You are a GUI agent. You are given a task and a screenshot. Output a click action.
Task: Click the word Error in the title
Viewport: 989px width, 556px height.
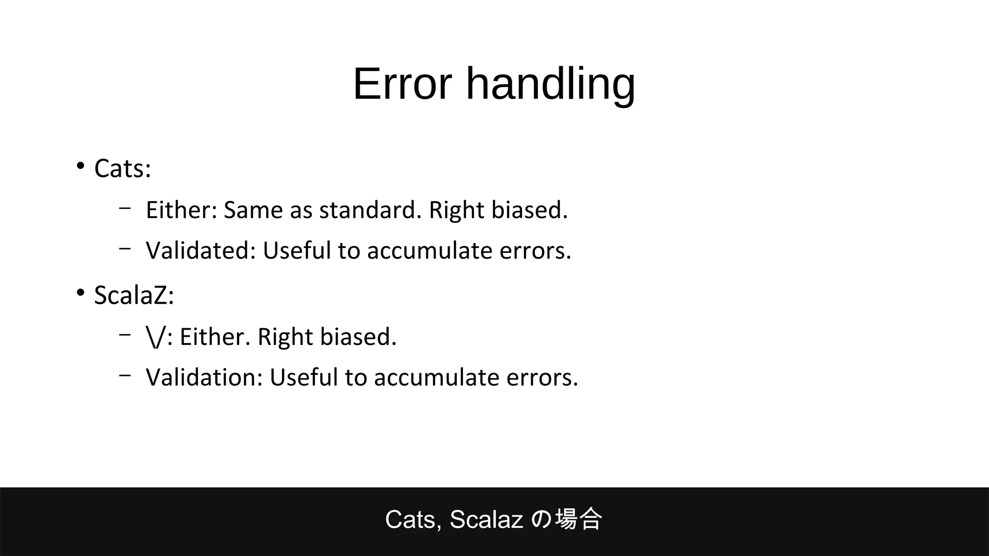[402, 84]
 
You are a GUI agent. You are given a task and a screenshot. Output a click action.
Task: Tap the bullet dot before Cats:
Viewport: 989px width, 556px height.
[80, 167]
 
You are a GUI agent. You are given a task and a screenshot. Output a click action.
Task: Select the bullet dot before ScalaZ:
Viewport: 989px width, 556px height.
[80, 293]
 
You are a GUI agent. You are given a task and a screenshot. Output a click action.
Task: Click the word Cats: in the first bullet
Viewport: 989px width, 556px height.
[123, 169]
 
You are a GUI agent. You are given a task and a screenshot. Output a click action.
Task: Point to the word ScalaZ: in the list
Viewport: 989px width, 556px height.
[134, 295]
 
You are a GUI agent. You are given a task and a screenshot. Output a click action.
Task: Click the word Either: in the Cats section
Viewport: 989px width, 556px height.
[181, 210]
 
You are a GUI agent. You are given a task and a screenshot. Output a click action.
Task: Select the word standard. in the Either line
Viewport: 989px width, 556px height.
[370, 210]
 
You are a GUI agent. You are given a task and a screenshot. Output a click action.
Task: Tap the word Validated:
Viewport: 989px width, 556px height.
[200, 250]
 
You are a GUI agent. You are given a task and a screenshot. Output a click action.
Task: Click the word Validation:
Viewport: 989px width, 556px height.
[204, 377]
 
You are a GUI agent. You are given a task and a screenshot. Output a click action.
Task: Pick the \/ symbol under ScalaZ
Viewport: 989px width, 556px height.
[156, 336]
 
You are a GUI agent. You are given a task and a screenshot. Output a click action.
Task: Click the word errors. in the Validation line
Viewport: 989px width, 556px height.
[542, 377]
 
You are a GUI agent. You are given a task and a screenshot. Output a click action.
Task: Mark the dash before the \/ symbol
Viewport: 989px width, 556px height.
[125, 334]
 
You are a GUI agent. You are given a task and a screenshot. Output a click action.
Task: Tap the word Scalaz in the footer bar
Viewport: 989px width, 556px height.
[486, 520]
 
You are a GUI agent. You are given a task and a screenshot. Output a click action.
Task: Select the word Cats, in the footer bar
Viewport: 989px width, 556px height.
[413, 520]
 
